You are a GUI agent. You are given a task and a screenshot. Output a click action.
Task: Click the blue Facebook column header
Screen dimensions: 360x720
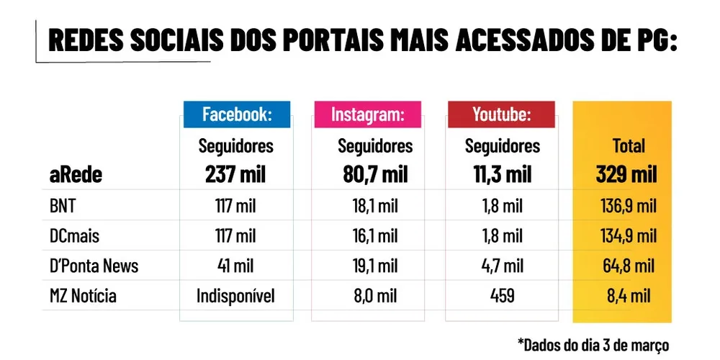236,114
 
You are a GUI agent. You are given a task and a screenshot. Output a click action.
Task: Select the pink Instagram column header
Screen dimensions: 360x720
367,114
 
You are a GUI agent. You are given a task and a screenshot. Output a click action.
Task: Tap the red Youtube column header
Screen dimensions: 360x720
502,114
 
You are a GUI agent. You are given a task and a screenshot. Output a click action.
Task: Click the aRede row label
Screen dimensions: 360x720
76,174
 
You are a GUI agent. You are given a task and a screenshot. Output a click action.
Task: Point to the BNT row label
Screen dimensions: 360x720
63,207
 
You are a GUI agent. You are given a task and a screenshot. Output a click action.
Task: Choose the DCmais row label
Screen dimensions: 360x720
74,235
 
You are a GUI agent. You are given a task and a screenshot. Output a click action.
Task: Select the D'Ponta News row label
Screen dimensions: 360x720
94,266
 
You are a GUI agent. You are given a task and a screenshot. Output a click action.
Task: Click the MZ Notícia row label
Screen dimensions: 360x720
83,295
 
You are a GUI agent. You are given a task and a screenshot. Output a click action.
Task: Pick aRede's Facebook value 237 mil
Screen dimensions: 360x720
236,174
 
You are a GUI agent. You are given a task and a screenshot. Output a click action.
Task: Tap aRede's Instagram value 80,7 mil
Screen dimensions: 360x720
374,174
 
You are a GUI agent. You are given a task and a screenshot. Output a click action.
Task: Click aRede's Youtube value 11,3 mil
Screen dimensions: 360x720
502,174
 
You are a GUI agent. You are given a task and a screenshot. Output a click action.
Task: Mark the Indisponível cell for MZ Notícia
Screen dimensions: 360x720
236,295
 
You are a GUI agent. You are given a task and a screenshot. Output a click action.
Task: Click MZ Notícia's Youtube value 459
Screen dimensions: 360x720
502,295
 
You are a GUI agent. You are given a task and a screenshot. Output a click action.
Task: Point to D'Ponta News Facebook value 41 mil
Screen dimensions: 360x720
236,266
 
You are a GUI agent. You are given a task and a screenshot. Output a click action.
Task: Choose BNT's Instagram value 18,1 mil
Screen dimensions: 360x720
374,207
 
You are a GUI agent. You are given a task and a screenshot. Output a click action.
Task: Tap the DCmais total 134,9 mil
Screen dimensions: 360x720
628,235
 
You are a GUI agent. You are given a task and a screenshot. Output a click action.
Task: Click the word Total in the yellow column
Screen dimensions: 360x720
628,146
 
